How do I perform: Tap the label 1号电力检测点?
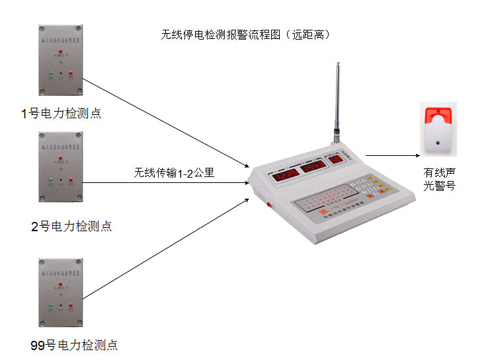pos(61,113)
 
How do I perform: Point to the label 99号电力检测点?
pos(74,345)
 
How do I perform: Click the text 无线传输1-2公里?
pos(174,174)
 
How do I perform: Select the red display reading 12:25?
pos(286,176)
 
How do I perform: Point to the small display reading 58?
pos(337,159)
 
